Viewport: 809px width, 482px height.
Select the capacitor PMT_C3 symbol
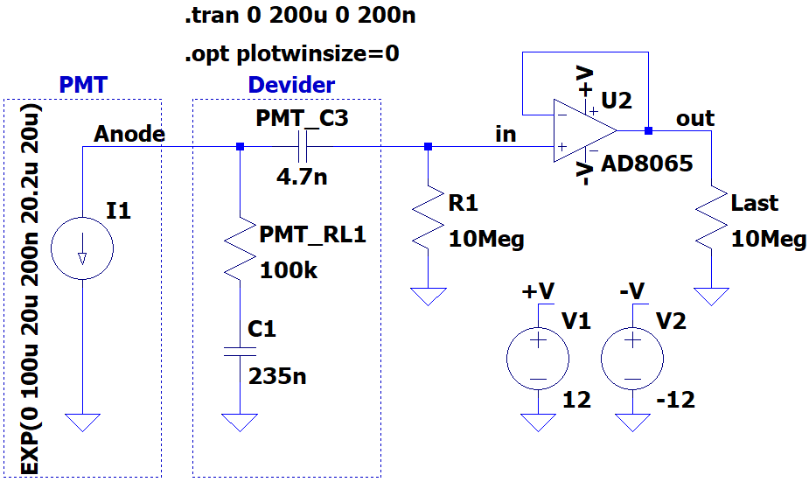[x=303, y=147]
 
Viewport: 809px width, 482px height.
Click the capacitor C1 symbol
[x=240, y=352]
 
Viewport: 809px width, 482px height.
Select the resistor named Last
[x=712, y=217]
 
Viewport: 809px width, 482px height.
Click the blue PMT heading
[x=83, y=85]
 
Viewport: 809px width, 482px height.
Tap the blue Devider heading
[x=291, y=85]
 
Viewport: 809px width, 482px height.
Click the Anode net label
[x=129, y=134]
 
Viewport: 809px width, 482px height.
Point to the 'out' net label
[x=695, y=119]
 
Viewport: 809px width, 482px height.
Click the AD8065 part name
[x=647, y=164]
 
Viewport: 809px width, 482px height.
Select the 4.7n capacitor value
[x=302, y=177]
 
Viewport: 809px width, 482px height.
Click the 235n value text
[x=277, y=376]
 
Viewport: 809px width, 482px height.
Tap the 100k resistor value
[x=289, y=270]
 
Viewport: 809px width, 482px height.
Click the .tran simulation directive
[x=300, y=16]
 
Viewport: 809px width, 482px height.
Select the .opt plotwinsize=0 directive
[x=292, y=53]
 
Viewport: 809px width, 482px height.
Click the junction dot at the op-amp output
[x=649, y=130]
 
